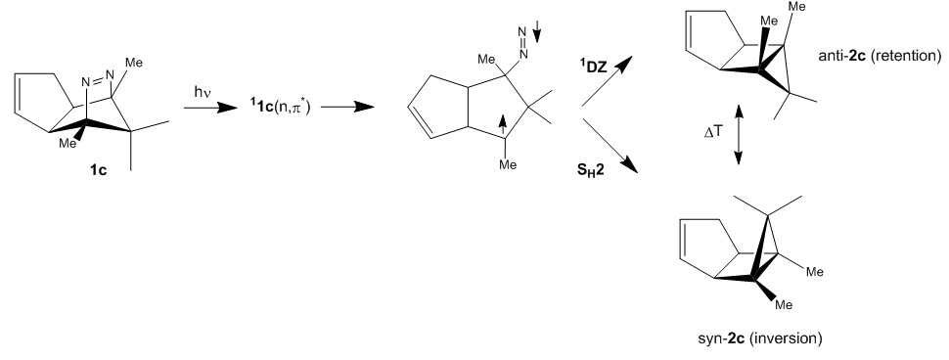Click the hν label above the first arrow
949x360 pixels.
(202, 93)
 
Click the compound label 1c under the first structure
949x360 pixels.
(98, 171)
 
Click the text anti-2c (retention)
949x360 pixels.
(880, 57)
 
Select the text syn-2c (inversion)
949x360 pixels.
(759, 338)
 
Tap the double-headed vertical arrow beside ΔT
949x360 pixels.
(739, 134)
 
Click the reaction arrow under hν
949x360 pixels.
(210, 108)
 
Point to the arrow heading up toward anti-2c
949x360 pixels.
(607, 81)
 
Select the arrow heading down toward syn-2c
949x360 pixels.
(610, 146)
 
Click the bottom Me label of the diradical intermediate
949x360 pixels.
(509, 164)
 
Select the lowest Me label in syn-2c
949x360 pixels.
(784, 305)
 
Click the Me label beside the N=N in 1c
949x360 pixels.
(134, 63)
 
